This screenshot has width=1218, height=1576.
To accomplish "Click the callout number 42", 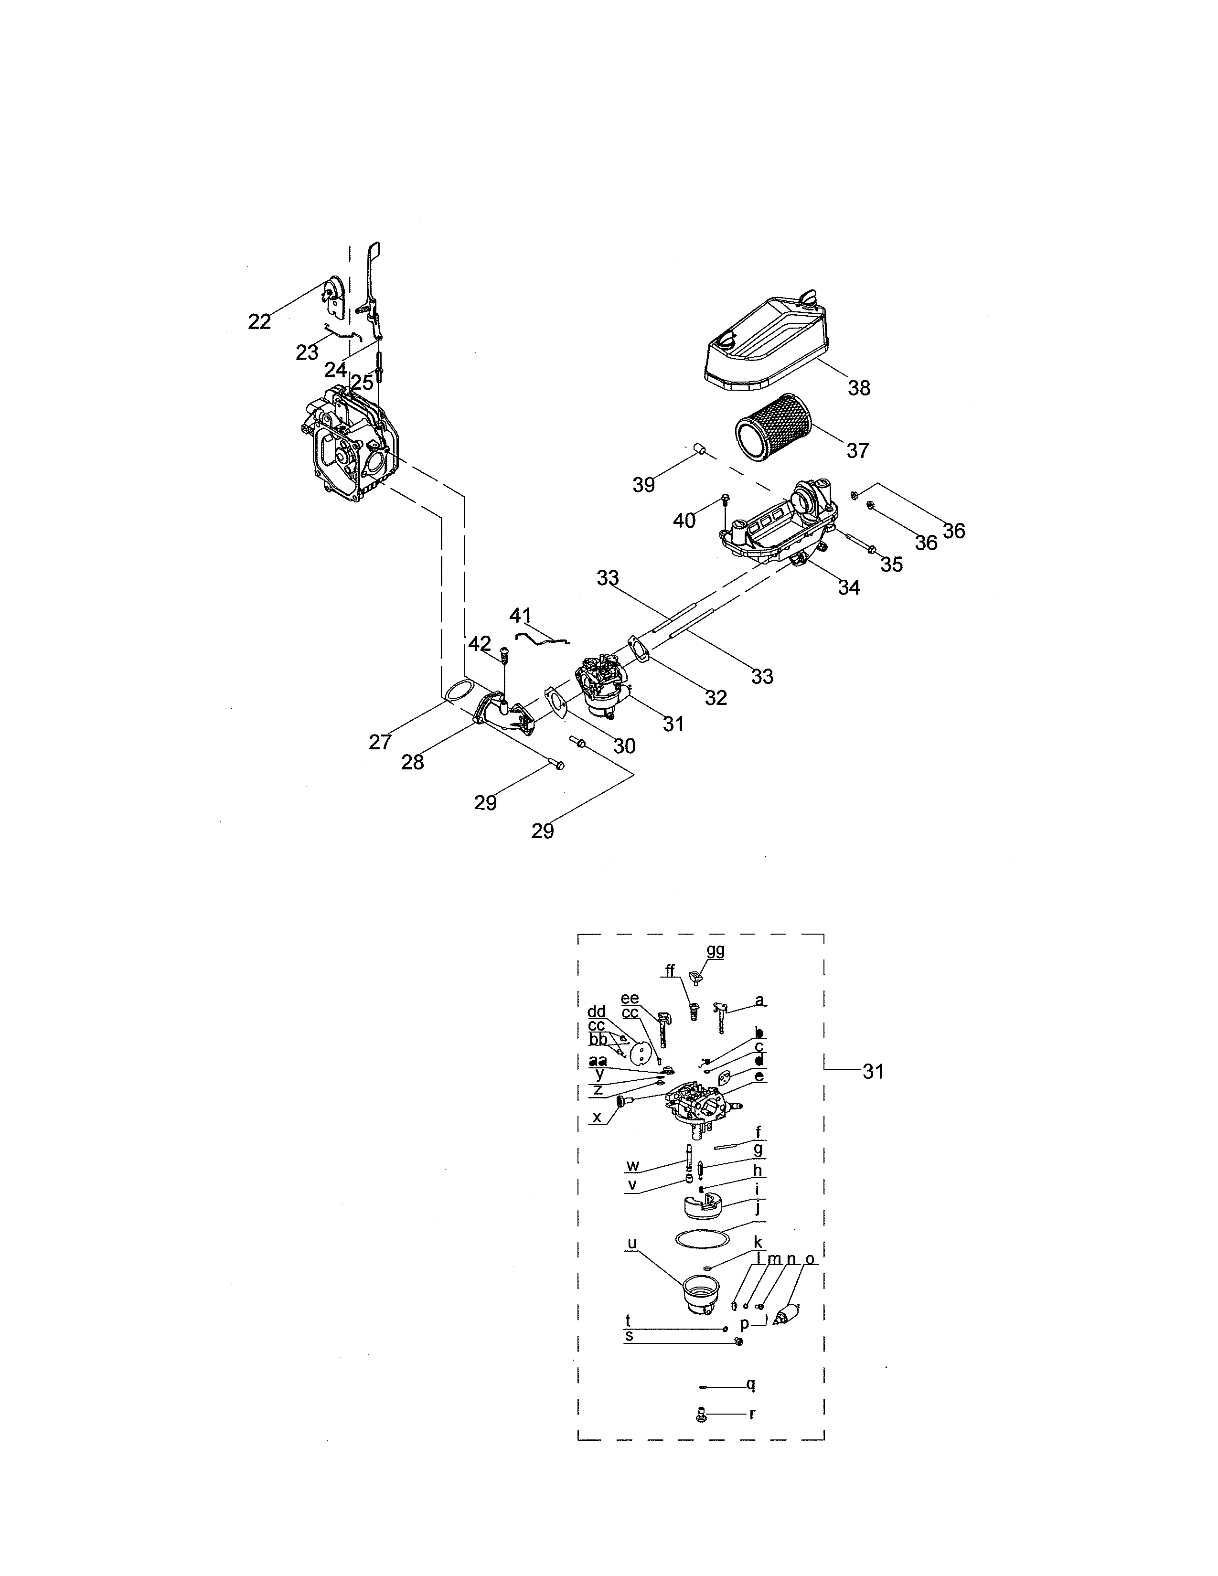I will pyautogui.click(x=480, y=644).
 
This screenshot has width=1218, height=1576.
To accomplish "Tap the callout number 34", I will pyautogui.click(x=849, y=587).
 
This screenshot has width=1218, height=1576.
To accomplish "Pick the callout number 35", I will pyautogui.click(x=892, y=564).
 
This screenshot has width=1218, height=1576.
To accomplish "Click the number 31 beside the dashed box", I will pyautogui.click(x=873, y=1092).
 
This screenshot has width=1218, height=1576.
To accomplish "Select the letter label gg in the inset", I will pyautogui.click(x=715, y=950).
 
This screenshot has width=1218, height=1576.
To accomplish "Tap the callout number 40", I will pyautogui.click(x=684, y=520).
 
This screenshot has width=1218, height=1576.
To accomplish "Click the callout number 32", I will pyautogui.click(x=716, y=697).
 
